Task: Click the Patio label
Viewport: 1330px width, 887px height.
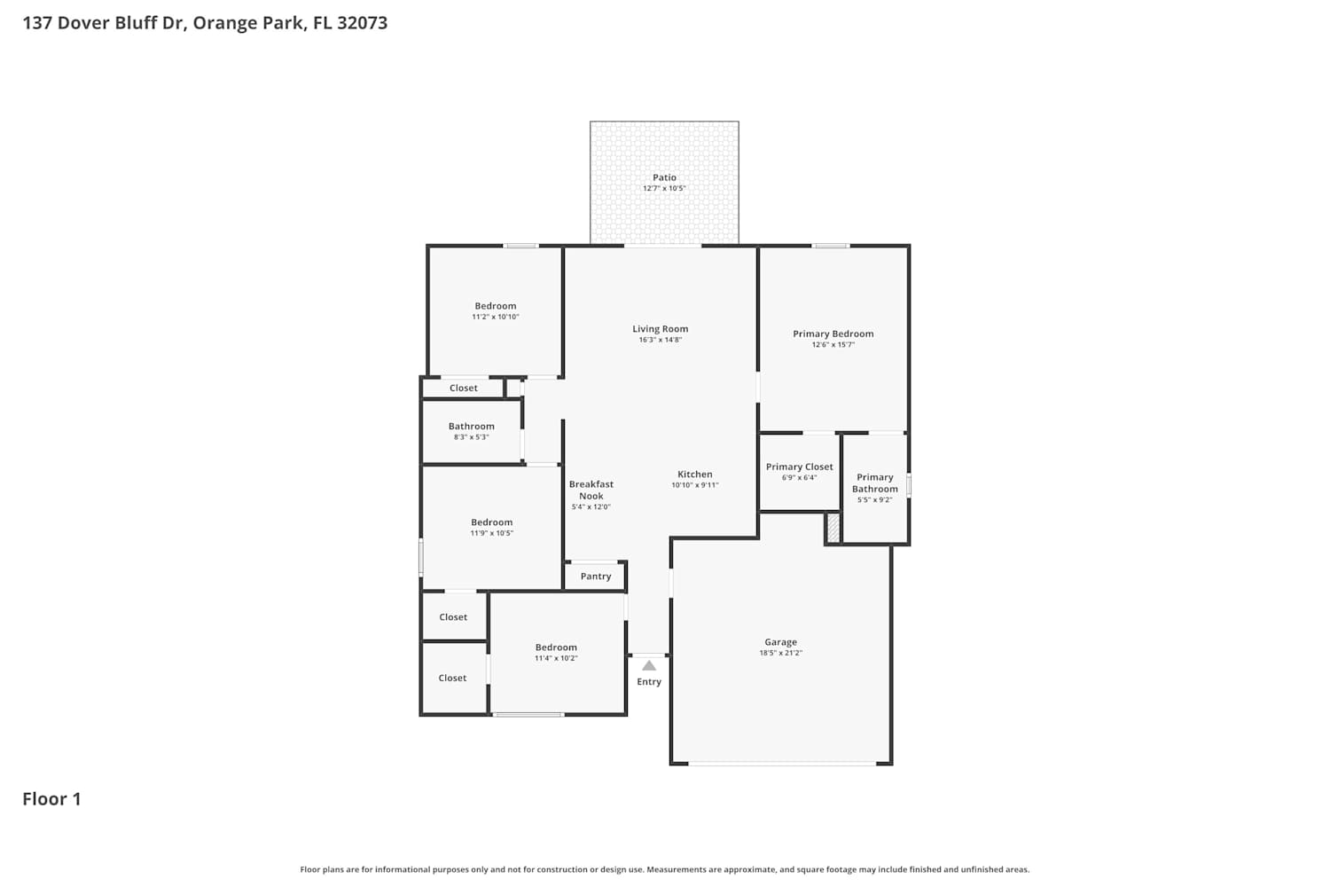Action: [664, 177]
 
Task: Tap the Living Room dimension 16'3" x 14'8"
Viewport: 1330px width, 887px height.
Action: [661, 340]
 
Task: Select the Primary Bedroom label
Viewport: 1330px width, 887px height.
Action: [833, 334]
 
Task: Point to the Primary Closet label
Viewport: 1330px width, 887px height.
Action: [799, 467]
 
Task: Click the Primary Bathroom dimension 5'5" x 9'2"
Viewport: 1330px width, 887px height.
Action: [874, 499]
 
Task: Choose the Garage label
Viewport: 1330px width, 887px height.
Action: [781, 641]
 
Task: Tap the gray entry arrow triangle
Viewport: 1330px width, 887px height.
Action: [649, 665]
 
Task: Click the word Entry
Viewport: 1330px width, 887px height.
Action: [649, 681]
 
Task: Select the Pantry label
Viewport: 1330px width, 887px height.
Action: [596, 577]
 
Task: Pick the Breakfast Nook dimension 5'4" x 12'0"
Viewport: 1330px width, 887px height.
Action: [591, 506]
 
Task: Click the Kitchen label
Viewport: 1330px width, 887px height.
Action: [694, 474]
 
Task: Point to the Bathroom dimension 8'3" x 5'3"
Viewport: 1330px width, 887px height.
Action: [472, 437]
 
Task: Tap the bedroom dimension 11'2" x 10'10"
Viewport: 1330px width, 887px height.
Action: [495, 317]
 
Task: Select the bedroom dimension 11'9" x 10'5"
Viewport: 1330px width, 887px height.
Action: [491, 533]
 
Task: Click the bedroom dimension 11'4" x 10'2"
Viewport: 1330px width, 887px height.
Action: [556, 658]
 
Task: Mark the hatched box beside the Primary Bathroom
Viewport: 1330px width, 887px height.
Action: [833, 528]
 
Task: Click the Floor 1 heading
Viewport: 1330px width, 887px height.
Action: [51, 799]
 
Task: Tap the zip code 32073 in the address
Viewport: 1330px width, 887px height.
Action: [362, 22]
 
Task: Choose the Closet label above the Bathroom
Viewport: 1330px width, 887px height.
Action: [463, 388]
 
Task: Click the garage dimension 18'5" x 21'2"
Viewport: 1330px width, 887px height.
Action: [781, 653]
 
